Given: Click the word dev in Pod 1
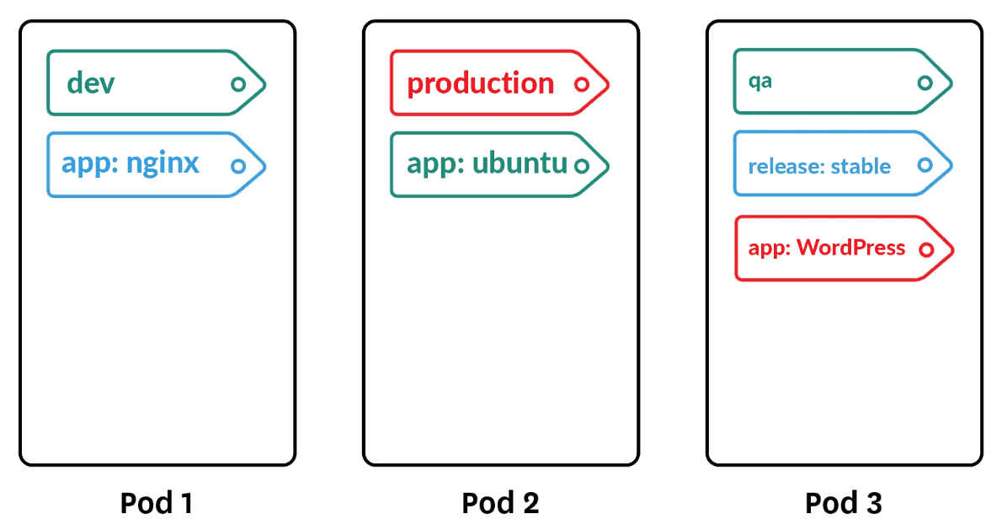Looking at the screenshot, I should [91, 83].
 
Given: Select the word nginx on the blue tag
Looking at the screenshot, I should [163, 163].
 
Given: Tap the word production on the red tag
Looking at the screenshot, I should [480, 83].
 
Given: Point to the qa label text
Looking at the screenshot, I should [760, 83].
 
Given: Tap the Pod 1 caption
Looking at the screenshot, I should [157, 503].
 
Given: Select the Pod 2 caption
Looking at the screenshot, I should [500, 503].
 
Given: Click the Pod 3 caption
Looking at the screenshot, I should [844, 503].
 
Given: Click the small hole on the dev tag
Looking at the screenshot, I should [238, 84].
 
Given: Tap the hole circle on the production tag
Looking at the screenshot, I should [581, 84].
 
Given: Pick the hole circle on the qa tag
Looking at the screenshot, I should [925, 83].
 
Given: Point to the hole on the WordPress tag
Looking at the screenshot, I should [926, 249].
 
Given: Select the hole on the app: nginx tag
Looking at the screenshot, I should [238, 166].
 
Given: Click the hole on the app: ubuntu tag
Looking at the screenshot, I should [581, 166].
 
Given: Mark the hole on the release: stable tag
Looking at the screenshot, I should [925, 165].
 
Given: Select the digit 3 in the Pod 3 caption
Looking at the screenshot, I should [872, 503].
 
